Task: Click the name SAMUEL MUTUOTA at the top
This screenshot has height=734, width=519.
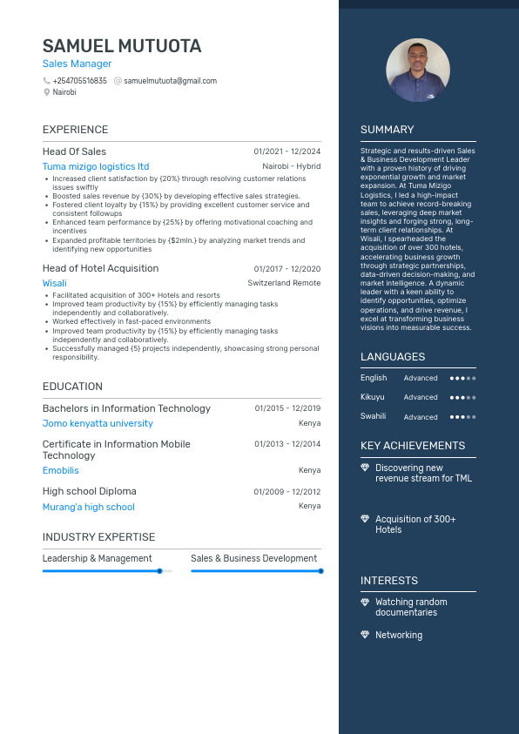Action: click(122, 46)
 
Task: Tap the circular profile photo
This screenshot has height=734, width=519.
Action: click(418, 71)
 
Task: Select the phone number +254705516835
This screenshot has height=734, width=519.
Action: click(79, 81)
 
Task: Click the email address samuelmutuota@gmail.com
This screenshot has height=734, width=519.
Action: click(170, 81)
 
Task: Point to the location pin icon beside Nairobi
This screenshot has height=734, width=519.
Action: click(46, 91)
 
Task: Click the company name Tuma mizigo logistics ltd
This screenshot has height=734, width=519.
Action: click(96, 166)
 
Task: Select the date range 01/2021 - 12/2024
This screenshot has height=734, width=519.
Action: click(287, 152)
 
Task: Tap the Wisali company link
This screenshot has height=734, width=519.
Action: click(54, 283)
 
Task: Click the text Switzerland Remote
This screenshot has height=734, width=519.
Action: click(284, 283)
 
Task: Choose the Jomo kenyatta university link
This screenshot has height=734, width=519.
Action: click(98, 423)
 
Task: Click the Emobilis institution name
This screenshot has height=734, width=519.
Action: click(61, 470)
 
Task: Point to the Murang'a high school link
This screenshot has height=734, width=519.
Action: click(89, 507)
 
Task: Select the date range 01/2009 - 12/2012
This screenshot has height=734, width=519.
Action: click(287, 492)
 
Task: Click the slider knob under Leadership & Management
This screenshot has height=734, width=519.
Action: click(159, 571)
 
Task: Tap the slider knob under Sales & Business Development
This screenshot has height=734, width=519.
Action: click(320, 571)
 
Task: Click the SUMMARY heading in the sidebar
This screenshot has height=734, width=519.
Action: click(388, 130)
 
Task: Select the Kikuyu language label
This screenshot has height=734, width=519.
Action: click(373, 397)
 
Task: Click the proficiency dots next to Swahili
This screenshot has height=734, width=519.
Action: click(462, 417)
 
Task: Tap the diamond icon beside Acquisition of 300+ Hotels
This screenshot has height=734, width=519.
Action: click(365, 519)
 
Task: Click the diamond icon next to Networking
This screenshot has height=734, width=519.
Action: click(365, 635)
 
